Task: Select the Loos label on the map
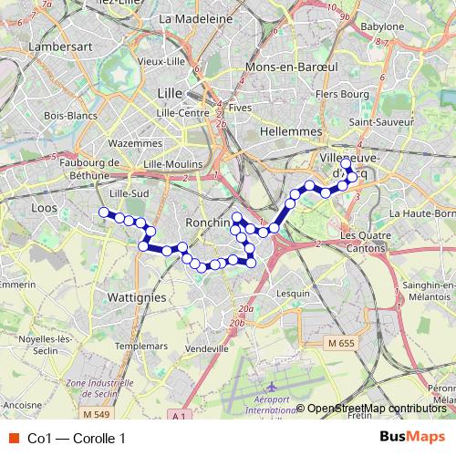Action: tap(44, 208)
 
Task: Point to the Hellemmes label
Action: tap(293, 131)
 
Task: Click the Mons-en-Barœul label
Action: tap(275, 68)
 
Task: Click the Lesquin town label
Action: tap(293, 294)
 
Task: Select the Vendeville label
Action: tap(206, 348)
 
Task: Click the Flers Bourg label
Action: tap(335, 93)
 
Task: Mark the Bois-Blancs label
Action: tap(65, 115)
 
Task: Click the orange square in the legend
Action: tap(12, 439)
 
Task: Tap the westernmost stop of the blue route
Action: tap(103, 212)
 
